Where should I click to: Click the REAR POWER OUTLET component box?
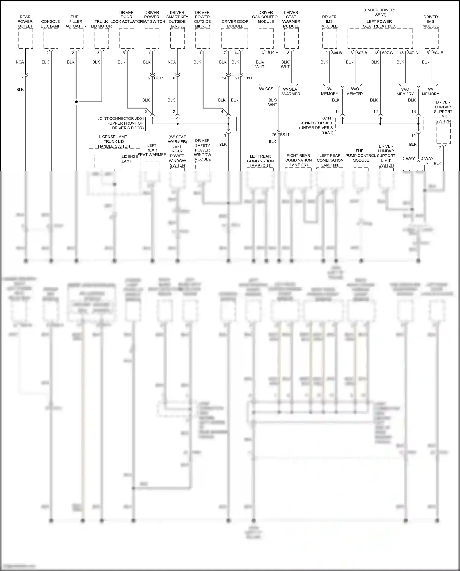tap(25, 38)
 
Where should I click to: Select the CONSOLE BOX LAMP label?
tap(51, 24)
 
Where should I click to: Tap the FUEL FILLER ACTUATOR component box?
tap(76, 38)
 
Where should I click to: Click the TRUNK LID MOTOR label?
tap(101, 24)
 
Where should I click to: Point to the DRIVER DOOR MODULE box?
tap(235, 38)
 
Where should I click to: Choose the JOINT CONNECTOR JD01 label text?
tap(121, 123)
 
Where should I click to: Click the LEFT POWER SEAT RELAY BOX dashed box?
tap(380, 38)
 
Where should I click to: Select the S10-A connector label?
tap(273, 53)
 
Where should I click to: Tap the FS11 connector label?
tap(285, 135)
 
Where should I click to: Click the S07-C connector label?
tap(387, 53)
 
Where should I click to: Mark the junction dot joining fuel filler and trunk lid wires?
tap(76, 102)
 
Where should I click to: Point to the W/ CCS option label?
tap(266, 89)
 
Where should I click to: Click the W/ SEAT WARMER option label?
tap(291, 91)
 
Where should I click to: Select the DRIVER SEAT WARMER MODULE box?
tap(291, 38)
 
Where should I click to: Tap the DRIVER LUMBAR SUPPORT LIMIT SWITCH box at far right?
tap(443, 134)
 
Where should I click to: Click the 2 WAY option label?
tap(408, 159)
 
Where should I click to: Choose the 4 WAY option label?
tap(427, 159)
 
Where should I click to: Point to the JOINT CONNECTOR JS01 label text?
tap(316, 125)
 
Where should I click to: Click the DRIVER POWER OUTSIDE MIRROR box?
tap(202, 38)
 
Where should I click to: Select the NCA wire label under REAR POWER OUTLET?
tap(20, 62)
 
